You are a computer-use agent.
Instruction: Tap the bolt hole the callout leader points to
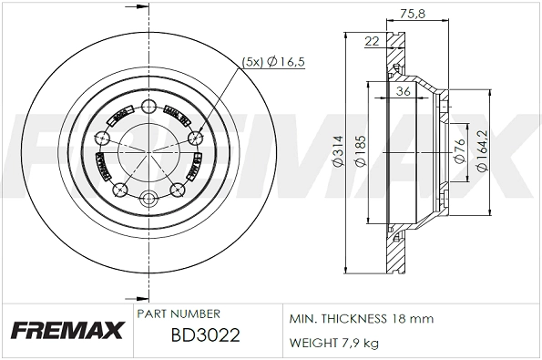click(x=193, y=138)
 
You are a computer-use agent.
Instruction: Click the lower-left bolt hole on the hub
click(x=118, y=190)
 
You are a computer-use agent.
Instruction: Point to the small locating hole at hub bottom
click(x=147, y=198)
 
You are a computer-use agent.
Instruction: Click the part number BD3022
click(x=205, y=334)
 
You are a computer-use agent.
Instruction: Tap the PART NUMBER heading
click(x=179, y=314)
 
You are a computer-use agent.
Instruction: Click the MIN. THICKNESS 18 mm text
click(x=362, y=319)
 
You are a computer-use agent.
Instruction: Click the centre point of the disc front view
click(x=147, y=150)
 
